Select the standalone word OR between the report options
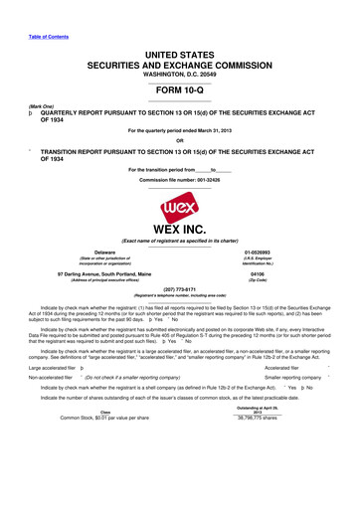click(x=180, y=138)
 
